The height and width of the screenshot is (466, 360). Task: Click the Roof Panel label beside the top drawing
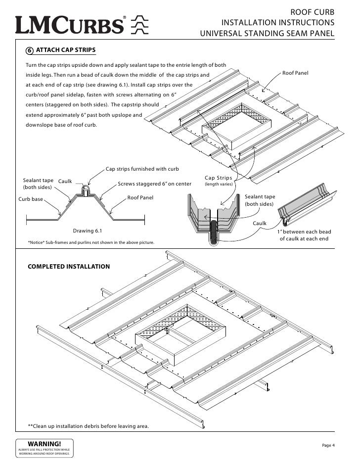295,73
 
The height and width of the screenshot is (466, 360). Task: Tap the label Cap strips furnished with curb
142,169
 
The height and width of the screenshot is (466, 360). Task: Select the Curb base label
31,199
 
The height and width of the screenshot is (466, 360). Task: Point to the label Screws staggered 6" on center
154,185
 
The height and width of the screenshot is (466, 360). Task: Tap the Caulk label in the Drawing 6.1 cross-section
65,182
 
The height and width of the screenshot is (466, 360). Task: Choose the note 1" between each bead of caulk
304,235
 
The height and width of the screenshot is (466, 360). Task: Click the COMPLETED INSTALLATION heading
68,267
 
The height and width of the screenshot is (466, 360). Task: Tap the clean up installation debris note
88,426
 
